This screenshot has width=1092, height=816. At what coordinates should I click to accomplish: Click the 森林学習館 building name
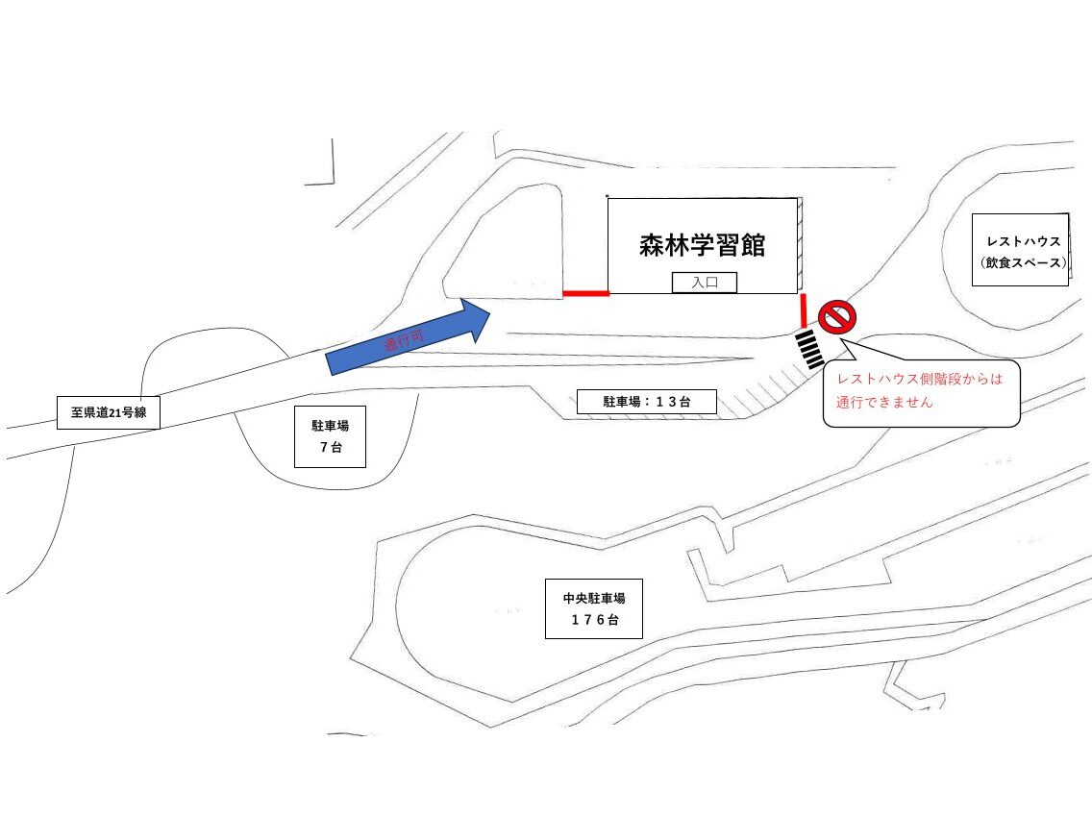702,245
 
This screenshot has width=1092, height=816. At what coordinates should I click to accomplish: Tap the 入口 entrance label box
704,282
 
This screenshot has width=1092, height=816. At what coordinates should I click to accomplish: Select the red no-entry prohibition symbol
836,317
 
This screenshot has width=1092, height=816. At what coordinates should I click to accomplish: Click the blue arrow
409,336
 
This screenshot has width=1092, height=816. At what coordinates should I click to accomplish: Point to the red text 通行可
404,341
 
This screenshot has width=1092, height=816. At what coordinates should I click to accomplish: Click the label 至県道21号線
108,413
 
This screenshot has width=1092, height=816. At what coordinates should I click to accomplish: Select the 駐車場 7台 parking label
330,436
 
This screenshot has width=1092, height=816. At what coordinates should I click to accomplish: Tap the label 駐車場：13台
646,402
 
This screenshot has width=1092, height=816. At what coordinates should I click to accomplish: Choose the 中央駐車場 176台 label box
594,608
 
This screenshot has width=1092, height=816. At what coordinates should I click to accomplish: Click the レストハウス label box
1021,250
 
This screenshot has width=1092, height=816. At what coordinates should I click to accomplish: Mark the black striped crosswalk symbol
810,350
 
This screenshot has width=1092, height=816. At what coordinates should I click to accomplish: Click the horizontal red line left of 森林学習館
585,293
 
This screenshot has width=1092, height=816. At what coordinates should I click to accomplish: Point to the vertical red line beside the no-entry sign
804,310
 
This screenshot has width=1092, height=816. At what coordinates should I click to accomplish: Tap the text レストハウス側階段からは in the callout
919,379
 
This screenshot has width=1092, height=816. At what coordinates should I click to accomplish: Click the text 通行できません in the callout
883,403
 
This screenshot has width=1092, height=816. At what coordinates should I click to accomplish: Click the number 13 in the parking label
666,402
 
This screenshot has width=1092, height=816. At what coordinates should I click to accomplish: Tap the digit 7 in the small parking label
324,447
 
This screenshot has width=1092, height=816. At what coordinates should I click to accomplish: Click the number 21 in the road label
115,413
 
